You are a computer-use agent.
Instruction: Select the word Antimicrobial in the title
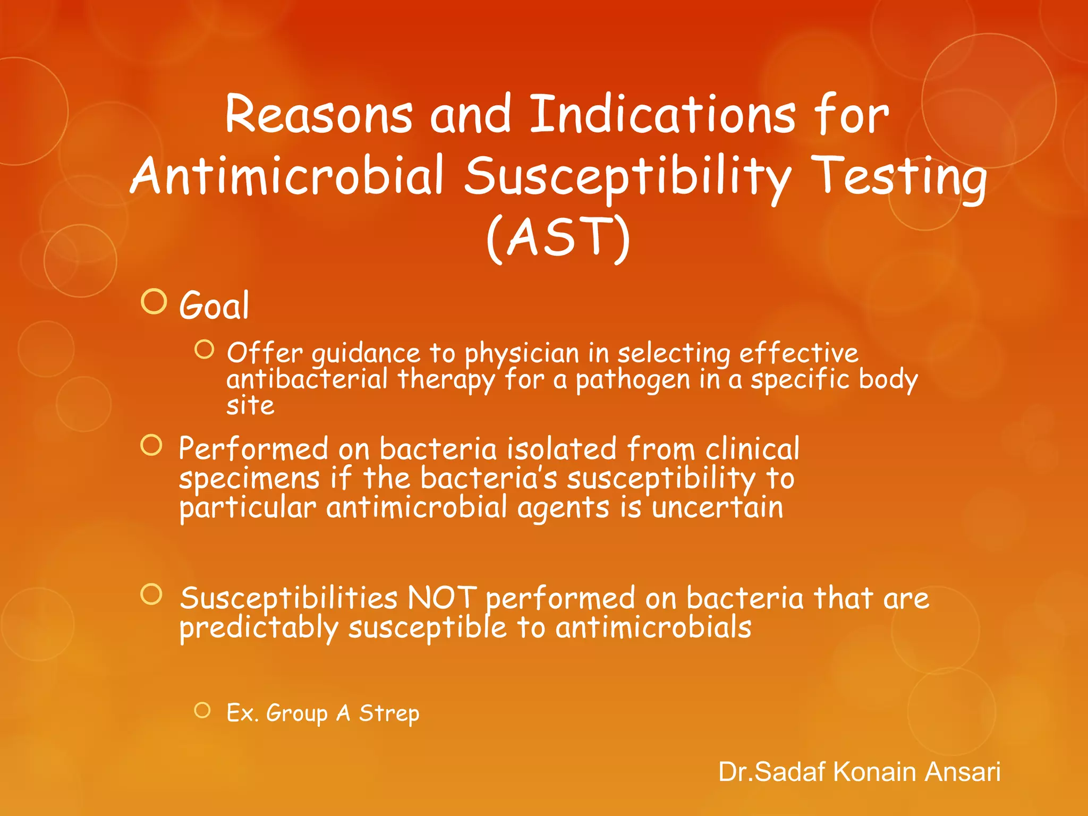click(287, 176)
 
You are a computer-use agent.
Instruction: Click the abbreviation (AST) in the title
click(558, 237)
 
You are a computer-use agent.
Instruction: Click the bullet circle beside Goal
click(154, 302)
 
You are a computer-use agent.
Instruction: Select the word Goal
click(214, 306)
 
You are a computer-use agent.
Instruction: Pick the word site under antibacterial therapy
click(250, 406)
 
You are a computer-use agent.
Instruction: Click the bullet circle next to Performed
click(151, 445)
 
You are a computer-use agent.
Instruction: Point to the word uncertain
click(717, 507)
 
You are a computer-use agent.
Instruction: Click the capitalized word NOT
click(441, 599)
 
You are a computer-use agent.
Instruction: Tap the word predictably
click(259, 628)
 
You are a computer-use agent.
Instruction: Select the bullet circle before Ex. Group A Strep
click(202, 710)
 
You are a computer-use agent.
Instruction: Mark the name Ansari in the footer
click(962, 772)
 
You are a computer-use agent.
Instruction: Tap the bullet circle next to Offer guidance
click(204, 350)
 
